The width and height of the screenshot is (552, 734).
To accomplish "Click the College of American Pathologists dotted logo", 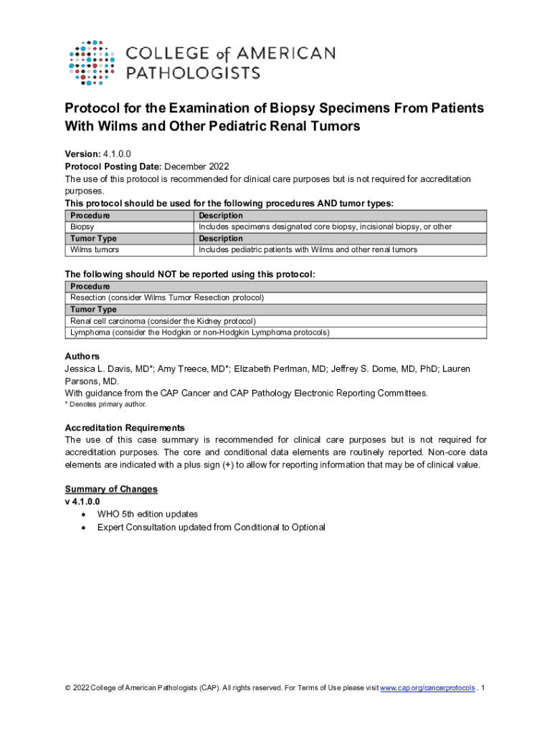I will [91, 63].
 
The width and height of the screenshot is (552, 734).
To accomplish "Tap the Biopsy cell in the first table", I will [82, 227].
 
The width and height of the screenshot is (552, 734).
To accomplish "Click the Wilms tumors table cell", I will [95, 250].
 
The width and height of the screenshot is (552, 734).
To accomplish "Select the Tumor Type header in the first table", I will [93, 239].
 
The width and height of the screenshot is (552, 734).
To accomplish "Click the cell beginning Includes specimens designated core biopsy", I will [325, 227].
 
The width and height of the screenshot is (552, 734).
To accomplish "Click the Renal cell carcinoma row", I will [163, 321].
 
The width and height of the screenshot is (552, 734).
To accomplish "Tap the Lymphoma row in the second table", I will [199, 333].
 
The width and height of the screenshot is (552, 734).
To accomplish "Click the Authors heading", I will [82, 356].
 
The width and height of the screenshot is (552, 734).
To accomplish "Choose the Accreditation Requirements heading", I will [125, 428].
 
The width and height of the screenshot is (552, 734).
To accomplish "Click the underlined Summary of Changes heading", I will [111, 489].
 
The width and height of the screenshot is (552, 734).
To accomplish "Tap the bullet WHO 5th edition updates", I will [148, 514].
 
